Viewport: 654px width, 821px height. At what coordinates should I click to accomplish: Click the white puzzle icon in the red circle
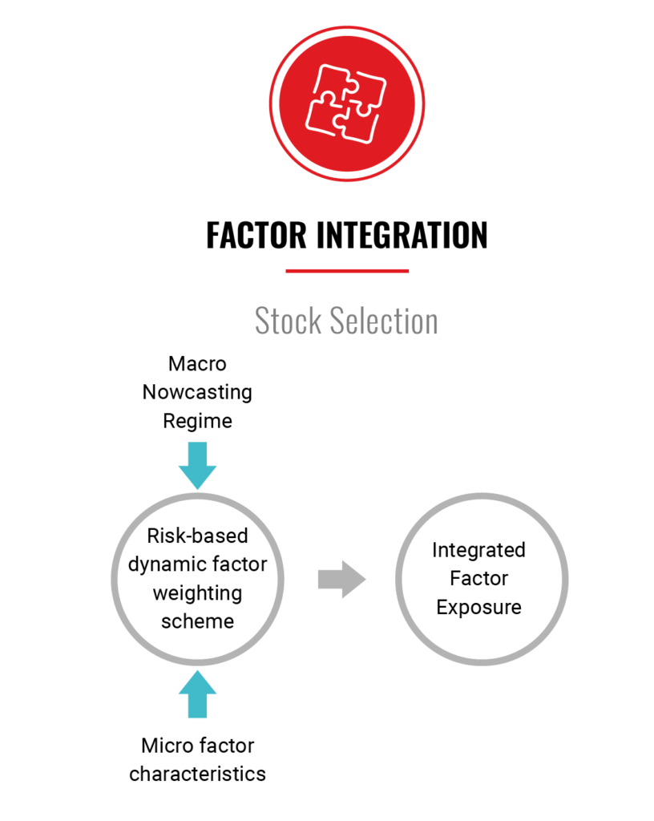[346, 103]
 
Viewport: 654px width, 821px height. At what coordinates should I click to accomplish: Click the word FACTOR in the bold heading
[256, 235]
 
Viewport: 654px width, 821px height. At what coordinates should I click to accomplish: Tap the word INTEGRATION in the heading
[402, 235]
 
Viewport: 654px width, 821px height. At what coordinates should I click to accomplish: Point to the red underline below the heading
[347, 271]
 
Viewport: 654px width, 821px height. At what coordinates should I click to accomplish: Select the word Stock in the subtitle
[288, 321]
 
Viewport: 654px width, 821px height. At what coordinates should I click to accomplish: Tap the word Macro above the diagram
[197, 364]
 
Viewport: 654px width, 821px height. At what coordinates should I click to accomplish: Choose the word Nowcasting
[197, 393]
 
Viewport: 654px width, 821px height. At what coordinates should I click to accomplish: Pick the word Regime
[197, 422]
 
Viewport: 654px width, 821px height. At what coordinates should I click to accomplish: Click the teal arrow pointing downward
[197, 465]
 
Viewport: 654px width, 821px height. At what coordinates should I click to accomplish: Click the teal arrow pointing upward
[197, 694]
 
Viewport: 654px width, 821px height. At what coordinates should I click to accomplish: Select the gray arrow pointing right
[341, 579]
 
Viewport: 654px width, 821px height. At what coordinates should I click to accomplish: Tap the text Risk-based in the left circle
[197, 536]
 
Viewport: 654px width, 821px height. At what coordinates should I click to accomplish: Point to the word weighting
[197, 594]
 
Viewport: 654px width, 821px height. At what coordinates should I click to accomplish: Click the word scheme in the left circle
[197, 621]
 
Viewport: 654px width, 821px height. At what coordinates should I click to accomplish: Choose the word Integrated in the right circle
[478, 550]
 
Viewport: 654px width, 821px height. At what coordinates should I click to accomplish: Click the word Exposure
[478, 608]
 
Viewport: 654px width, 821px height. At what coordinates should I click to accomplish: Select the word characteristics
[197, 774]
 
